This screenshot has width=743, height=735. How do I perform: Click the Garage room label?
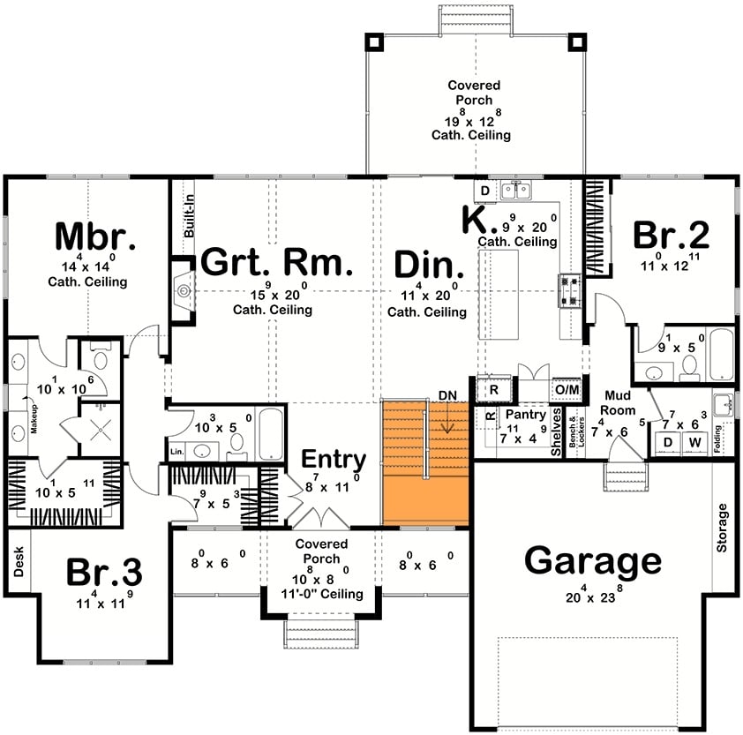593,561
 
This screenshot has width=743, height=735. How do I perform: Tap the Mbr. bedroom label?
95,237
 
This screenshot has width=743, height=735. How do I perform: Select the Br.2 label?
672,236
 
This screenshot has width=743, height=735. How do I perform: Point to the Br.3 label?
104,572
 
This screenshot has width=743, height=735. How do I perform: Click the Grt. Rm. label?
277,263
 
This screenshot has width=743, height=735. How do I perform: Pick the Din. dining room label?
429,265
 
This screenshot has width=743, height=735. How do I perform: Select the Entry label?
334,460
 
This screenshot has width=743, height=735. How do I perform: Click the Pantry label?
525,415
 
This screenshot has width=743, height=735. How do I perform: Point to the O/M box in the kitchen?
565,389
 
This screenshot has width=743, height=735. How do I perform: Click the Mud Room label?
620,404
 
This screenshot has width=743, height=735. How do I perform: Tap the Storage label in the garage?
724,528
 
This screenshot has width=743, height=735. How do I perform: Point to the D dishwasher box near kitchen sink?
484,191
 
